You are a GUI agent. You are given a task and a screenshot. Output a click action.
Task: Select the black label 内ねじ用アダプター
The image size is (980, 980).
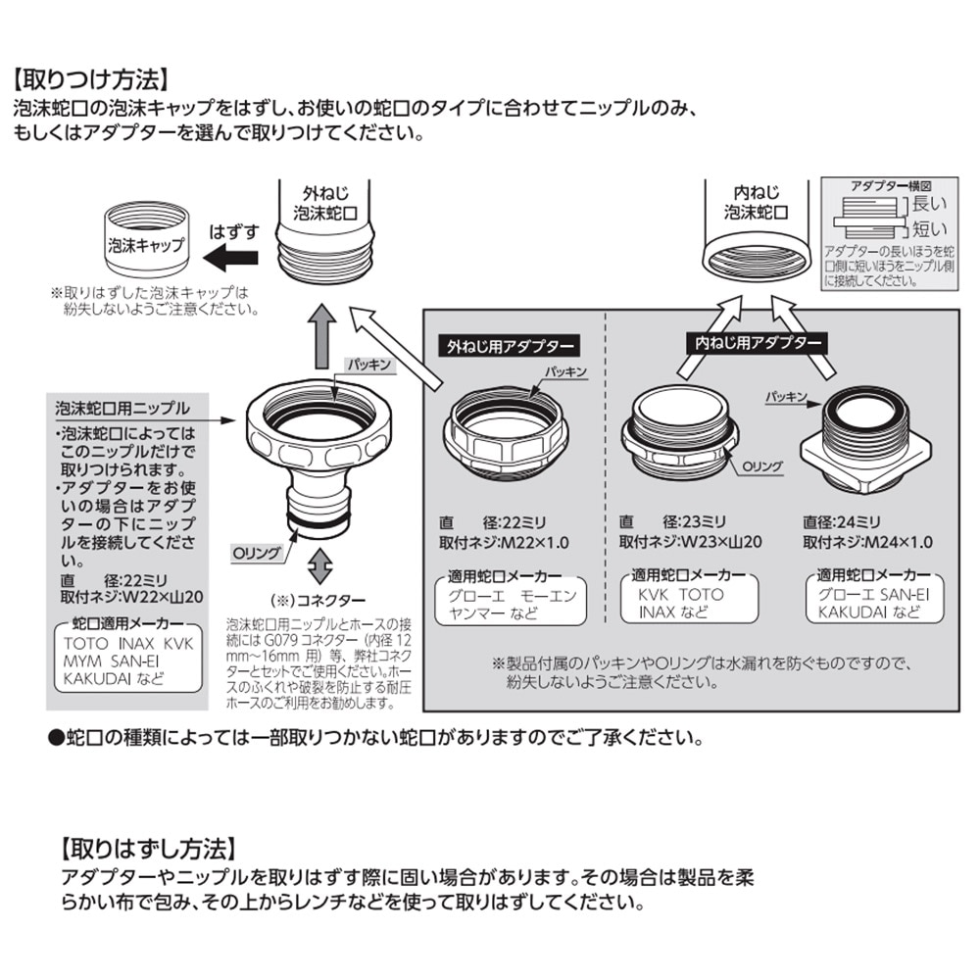[x=753, y=342]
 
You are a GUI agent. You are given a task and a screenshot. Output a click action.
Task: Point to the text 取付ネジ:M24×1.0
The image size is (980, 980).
[x=867, y=542]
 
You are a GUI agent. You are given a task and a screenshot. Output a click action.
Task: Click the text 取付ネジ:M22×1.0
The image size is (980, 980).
[x=504, y=542]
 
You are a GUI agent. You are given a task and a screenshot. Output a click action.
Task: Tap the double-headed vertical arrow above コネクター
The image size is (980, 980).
[x=318, y=567]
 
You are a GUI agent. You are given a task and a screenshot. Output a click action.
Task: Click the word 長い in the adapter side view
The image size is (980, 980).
[x=930, y=205]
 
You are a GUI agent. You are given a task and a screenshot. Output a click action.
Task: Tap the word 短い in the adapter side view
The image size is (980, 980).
[x=930, y=230]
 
